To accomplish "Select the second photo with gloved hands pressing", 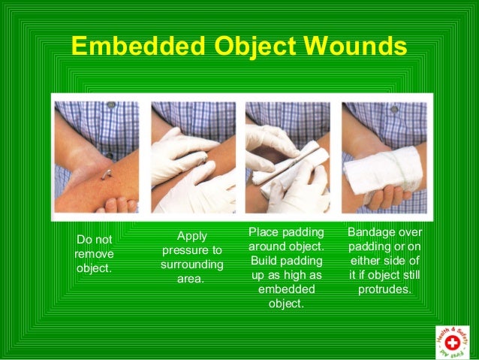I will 193,157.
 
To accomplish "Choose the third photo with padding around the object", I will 288,157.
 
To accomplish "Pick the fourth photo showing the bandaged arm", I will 384,157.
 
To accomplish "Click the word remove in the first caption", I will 95,254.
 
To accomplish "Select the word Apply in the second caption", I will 192,236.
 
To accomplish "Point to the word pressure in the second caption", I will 191,250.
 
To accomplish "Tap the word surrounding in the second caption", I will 191,265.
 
